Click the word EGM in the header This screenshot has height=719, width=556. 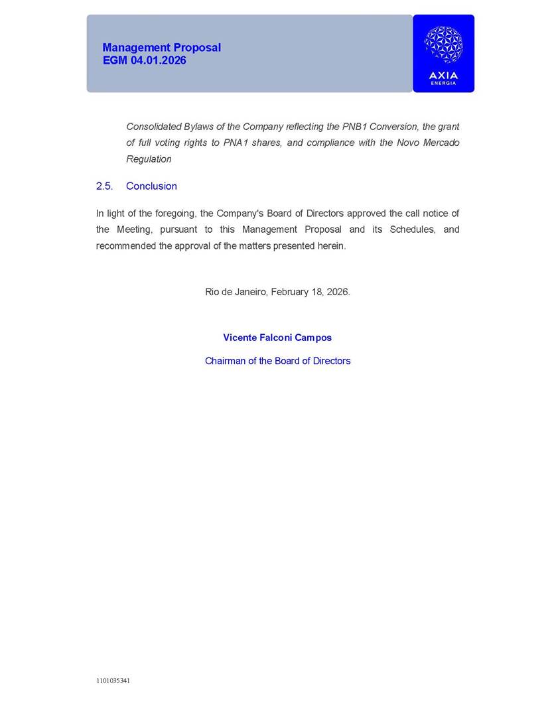(x=113, y=60)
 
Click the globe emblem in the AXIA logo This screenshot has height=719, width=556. (x=443, y=44)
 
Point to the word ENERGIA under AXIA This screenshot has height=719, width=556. (x=443, y=83)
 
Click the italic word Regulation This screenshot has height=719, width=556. (x=149, y=159)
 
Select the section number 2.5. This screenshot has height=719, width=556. (x=104, y=186)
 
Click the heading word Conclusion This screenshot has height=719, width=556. (x=151, y=186)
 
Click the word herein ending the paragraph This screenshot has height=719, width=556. (x=330, y=246)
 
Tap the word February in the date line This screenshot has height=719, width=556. (x=290, y=292)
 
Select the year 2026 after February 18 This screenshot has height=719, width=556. (x=337, y=292)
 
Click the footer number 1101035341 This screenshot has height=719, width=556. (x=113, y=681)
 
